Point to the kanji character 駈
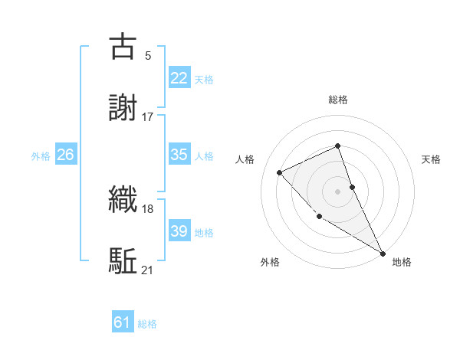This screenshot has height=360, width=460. [123, 260]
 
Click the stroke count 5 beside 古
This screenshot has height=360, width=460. [148, 55]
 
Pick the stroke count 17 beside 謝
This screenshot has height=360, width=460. [148, 116]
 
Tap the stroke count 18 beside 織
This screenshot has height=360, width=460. [148, 208]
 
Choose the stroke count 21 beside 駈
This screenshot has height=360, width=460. [148, 270]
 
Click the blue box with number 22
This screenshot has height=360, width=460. [179, 78]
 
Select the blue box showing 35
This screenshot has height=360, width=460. [179, 155]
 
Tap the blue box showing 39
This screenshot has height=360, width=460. [179, 231]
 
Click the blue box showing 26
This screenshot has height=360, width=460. [65, 155]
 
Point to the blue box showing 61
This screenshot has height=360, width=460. [122, 322]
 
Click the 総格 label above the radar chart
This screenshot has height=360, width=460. [338, 100]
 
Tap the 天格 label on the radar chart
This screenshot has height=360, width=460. [432, 159]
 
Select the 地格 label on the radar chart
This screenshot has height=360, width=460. [402, 262]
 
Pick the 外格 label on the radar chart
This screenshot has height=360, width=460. [270, 262]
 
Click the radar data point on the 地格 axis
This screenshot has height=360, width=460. [383, 253]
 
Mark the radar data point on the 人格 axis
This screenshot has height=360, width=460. [280, 172]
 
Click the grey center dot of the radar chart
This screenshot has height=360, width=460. [338, 191]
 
